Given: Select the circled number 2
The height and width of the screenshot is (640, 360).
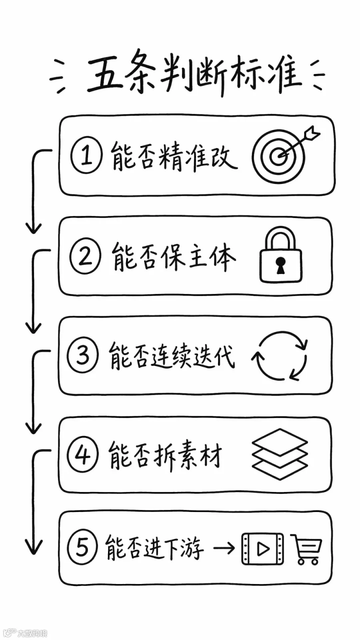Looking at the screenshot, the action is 85,256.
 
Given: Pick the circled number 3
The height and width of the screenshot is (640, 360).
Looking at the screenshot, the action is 83,356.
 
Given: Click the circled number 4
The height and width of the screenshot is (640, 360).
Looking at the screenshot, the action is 82,455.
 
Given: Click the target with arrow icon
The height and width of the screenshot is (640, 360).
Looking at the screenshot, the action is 286,154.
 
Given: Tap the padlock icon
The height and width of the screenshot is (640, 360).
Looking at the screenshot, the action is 280,255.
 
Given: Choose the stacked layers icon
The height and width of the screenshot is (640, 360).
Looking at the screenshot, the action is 280,454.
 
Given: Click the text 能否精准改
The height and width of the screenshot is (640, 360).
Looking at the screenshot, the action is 174,156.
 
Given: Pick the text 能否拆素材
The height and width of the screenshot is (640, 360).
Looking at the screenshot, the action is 165,455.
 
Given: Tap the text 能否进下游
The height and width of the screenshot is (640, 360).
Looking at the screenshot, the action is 155,548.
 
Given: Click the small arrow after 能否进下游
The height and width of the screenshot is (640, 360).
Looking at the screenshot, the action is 224,548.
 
